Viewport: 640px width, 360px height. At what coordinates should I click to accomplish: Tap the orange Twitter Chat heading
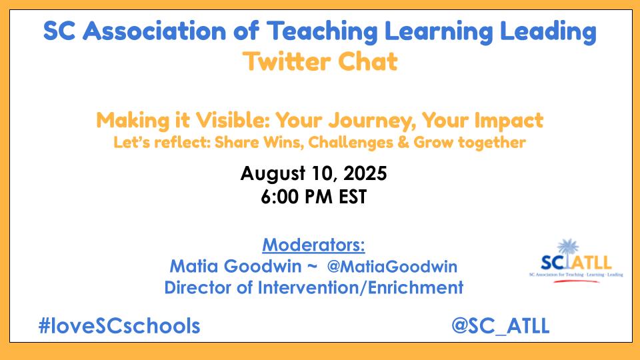320,62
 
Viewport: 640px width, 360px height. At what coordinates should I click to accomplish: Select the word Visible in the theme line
225,121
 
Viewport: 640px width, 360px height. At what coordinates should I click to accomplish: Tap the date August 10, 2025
313,174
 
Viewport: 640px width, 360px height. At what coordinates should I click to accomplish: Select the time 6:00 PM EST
313,198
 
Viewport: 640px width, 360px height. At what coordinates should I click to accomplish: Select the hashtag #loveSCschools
119,326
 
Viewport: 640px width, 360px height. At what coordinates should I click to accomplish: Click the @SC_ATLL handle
500,326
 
